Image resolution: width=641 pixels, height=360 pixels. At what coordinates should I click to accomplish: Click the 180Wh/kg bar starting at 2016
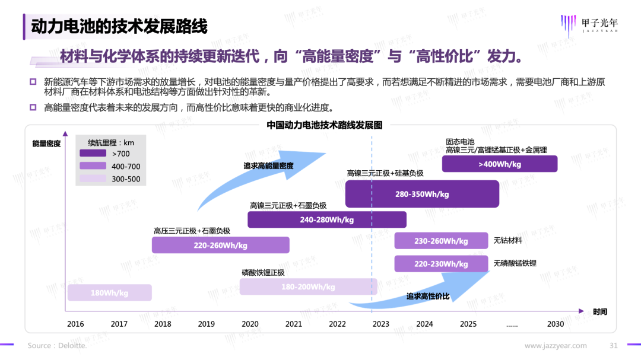[109, 293]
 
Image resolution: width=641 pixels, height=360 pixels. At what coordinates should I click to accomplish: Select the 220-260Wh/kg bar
[220, 245]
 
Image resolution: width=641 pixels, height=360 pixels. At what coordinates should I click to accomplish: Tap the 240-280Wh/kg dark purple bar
[326, 219]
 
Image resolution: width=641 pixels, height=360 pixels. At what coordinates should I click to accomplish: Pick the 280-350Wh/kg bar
[422, 194]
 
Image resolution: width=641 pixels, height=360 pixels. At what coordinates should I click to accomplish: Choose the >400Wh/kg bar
[499, 164]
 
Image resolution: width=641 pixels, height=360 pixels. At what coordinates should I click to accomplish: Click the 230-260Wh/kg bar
[441, 241]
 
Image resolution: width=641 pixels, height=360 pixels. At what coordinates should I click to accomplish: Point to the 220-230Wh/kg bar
[441, 263]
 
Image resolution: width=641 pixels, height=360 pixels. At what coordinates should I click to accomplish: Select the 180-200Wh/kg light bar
[308, 287]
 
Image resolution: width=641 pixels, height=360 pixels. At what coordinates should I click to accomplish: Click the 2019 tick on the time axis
[206, 324]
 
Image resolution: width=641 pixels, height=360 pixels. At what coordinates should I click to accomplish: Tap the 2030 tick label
[556, 324]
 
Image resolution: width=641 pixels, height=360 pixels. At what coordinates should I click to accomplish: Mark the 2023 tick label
[381, 324]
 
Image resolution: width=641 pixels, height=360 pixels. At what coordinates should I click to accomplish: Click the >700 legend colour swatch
[93, 154]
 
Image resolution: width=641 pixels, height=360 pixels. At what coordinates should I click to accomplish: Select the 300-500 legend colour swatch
[93, 179]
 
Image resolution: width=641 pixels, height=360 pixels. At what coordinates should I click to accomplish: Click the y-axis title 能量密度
[46, 144]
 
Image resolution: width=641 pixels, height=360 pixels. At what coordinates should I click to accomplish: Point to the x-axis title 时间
[600, 311]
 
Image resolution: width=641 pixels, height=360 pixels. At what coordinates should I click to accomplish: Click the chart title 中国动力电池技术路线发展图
[324, 125]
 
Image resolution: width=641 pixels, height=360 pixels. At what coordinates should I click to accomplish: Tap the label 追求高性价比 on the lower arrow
[428, 296]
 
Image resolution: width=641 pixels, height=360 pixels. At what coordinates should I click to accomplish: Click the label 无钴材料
[507, 241]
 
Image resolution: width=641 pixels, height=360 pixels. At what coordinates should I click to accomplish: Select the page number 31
[614, 345]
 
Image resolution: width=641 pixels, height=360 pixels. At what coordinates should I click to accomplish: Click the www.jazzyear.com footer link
[556, 345]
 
